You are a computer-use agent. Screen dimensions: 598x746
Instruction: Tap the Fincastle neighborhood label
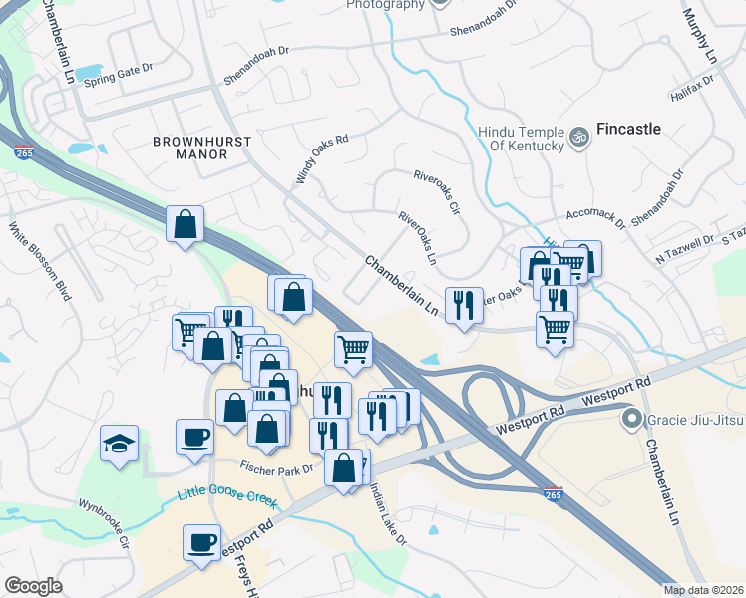(x=628, y=130)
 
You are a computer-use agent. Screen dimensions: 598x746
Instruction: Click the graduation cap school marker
(x=119, y=445)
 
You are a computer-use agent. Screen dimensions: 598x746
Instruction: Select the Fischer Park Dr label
(x=277, y=466)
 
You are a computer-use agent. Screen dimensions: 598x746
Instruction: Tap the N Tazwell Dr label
(x=685, y=246)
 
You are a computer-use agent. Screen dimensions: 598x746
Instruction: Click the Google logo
(x=33, y=586)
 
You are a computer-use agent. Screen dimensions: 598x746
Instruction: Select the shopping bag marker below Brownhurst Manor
(x=186, y=224)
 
